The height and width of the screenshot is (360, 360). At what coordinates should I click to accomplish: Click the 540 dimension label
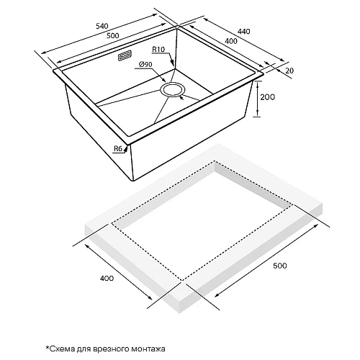pyautogui.click(x=102, y=26)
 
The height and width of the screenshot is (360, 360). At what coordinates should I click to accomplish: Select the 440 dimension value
pyautogui.click(x=244, y=32)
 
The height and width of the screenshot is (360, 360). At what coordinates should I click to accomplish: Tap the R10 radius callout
pyautogui.click(x=158, y=50)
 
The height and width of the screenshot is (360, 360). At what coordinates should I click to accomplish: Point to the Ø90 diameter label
pyautogui.click(x=145, y=64)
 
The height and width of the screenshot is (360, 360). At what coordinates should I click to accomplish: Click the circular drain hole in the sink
pyautogui.click(x=173, y=89)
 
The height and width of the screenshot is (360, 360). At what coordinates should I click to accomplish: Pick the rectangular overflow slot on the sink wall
pyautogui.click(x=125, y=55)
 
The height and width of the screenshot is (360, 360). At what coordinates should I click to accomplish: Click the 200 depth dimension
pyautogui.click(x=268, y=97)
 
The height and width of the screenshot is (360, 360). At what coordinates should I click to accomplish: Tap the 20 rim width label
pyautogui.click(x=289, y=71)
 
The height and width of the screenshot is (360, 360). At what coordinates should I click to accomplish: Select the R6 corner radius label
pyautogui.click(x=118, y=149)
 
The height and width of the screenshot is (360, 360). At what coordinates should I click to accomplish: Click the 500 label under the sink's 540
pyautogui.click(x=113, y=36)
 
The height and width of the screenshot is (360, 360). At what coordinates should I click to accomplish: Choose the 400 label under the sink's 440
pyautogui.click(x=231, y=41)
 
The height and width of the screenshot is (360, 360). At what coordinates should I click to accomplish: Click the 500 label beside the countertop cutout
pyautogui.click(x=280, y=266)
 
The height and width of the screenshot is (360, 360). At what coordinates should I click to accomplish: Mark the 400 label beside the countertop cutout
pyautogui.click(x=107, y=279)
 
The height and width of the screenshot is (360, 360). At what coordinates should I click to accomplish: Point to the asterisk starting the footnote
pyautogui.click(x=48, y=347)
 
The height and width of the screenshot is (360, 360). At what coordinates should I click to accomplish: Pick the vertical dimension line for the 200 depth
pyautogui.click(x=257, y=99)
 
